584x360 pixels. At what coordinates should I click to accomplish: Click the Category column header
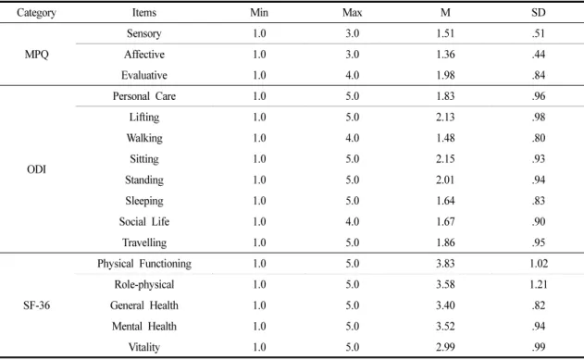[x=36, y=13]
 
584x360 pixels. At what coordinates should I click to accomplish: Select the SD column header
[x=539, y=13]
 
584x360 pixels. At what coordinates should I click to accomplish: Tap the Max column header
[x=352, y=13]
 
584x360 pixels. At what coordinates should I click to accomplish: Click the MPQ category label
[x=36, y=55]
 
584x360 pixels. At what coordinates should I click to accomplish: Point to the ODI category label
[x=36, y=169]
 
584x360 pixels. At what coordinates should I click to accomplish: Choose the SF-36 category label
[x=36, y=305]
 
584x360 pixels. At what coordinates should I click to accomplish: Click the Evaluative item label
[x=144, y=75]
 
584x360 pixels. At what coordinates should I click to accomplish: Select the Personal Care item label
[x=144, y=96]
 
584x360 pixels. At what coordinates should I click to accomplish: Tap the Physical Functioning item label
[x=144, y=264]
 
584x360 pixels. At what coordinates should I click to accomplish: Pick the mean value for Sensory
[x=445, y=33]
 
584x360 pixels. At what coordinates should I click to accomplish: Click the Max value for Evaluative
[x=352, y=75]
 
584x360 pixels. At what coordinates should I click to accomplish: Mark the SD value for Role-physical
[x=539, y=284]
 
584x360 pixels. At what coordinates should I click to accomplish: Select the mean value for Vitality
[x=445, y=347]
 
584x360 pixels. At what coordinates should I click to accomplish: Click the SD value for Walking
[x=539, y=138]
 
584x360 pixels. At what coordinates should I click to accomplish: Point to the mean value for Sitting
[x=445, y=159]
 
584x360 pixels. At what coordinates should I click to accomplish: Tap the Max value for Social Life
[x=352, y=221]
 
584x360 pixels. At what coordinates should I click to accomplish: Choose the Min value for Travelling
[x=259, y=242]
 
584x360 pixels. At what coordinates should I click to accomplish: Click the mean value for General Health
[x=445, y=305]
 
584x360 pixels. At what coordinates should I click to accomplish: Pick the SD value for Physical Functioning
[x=539, y=264]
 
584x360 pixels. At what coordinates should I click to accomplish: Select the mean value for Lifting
[x=445, y=118]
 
